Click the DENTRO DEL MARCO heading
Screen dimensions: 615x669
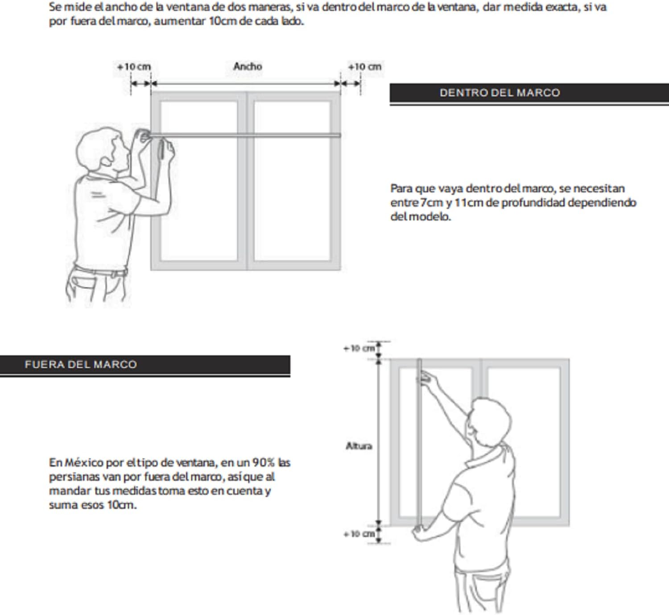tap(500, 93)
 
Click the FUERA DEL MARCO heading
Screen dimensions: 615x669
tap(81, 364)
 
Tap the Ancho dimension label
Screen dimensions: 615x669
tap(248, 66)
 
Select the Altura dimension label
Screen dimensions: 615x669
tap(359, 446)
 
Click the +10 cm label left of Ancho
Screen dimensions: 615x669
tap(134, 67)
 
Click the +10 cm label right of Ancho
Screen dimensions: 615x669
tap(364, 67)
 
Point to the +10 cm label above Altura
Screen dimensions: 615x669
tap(359, 348)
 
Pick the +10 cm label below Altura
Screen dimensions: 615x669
tap(359, 533)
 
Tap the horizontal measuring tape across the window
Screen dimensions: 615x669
tap(245, 135)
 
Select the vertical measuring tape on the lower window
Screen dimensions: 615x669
tap(419, 446)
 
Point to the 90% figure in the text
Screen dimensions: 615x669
tap(263, 462)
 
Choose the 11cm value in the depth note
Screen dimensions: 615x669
tap(469, 202)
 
